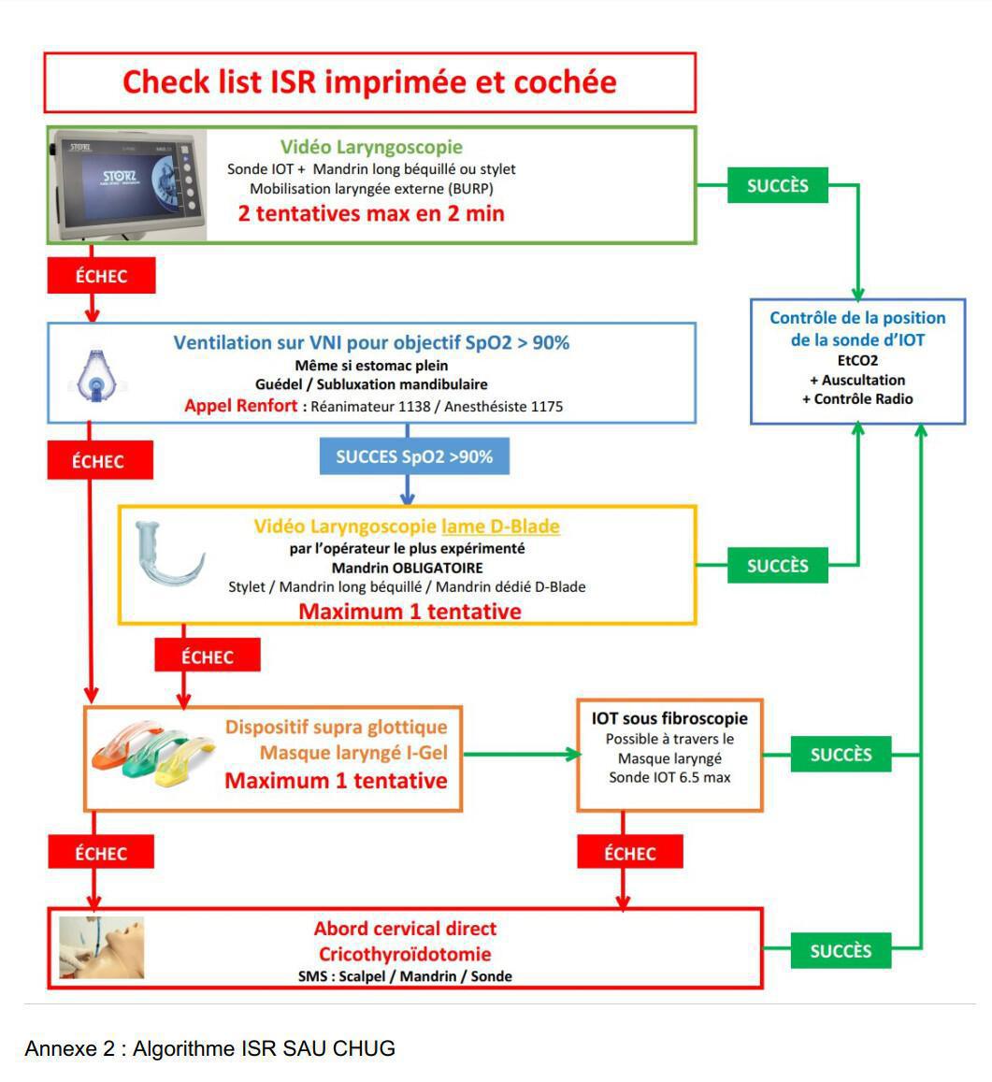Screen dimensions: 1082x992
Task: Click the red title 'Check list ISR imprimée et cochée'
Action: (369, 82)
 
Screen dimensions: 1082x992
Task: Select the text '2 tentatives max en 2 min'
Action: (371, 213)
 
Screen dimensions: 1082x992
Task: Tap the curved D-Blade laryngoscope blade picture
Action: (169, 559)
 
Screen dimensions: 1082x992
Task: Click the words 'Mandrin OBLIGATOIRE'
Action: (407, 568)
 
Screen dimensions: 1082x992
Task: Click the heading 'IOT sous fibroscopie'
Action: (669, 719)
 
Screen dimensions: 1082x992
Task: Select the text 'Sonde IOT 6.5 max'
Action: (669, 777)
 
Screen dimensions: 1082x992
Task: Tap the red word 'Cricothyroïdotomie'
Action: (405, 954)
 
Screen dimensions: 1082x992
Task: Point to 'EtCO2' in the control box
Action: (857, 360)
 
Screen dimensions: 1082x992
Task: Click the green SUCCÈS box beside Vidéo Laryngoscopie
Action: (777, 185)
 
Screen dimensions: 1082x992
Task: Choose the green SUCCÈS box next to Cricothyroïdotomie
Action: (841, 951)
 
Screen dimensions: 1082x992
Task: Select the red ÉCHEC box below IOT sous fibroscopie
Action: (630, 853)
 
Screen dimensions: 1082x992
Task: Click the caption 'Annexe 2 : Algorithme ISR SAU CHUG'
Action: (209, 1048)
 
